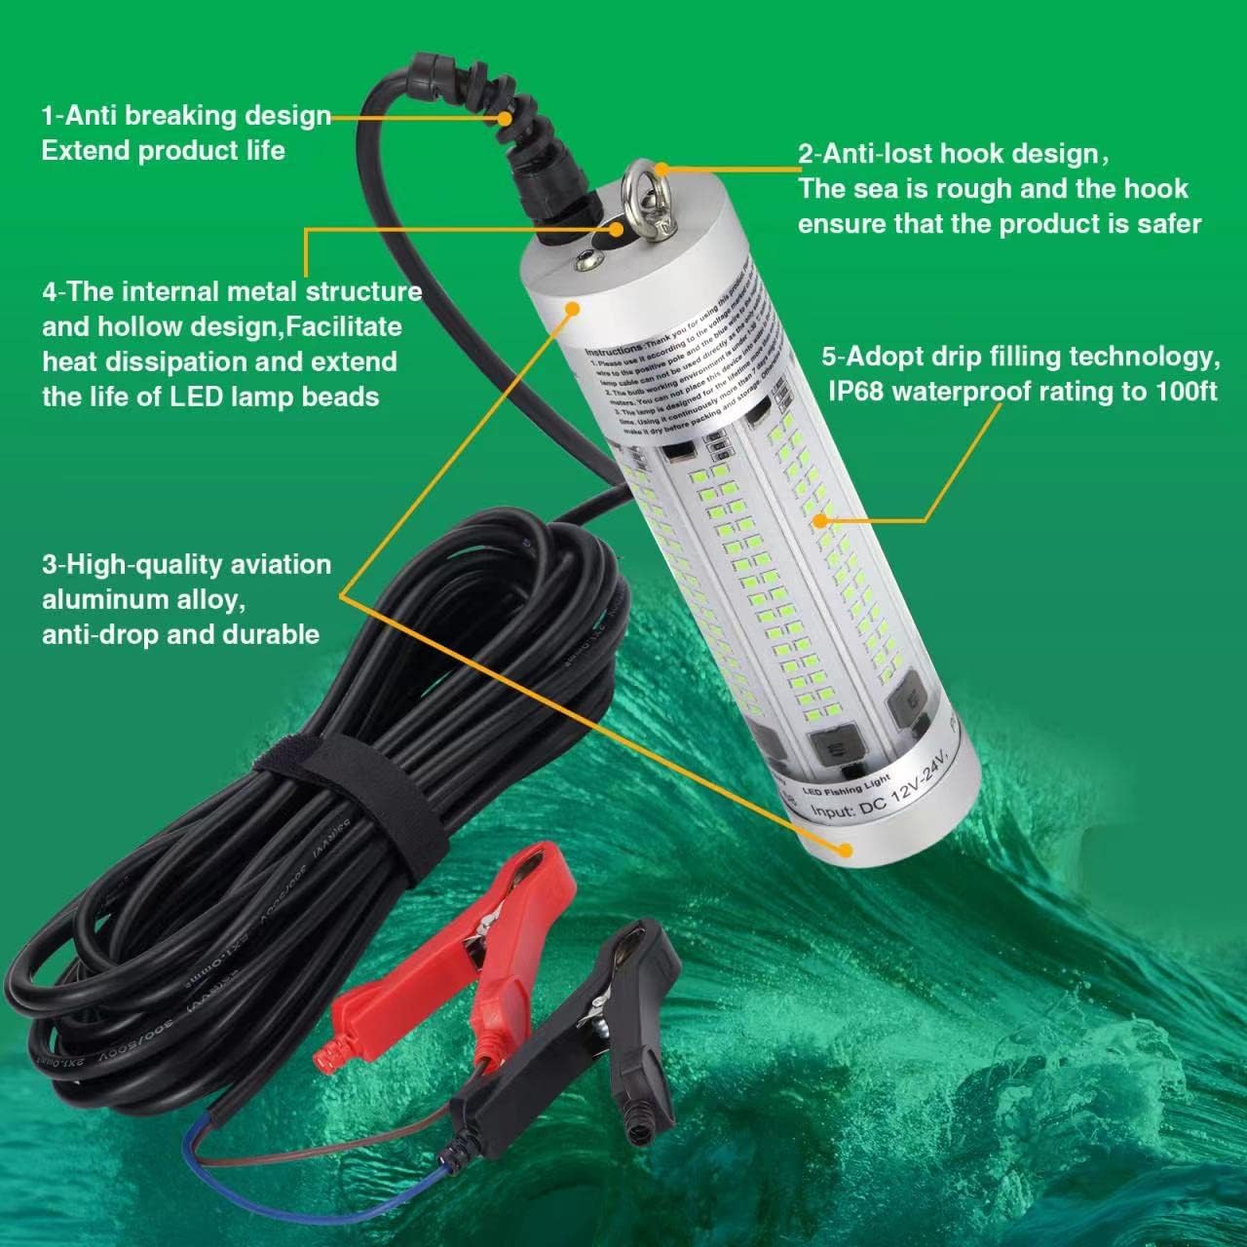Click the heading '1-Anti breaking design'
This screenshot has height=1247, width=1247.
coord(185,116)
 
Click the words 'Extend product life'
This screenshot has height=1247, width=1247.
coord(163,151)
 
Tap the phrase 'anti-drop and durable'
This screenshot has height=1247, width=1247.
coord(180,634)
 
